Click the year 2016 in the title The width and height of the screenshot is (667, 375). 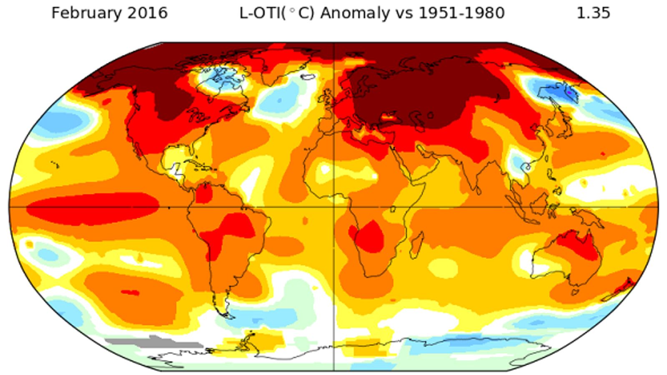(148, 13)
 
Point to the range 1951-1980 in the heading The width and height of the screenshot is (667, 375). (461, 13)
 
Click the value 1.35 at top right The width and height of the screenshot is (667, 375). (593, 13)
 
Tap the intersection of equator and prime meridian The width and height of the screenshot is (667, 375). (334, 207)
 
